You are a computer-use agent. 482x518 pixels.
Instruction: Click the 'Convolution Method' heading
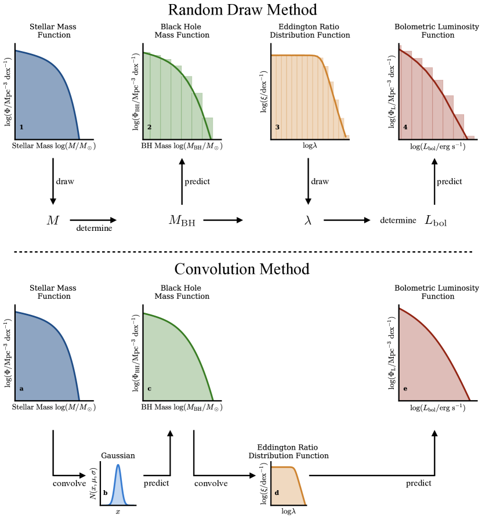(241, 269)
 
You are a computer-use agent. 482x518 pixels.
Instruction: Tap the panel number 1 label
(21, 126)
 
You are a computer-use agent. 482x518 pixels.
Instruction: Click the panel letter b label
(105, 493)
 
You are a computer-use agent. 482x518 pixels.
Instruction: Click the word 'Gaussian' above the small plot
(118, 455)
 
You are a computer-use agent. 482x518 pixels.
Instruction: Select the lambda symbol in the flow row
(308, 220)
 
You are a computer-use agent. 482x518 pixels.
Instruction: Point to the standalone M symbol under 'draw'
(53, 220)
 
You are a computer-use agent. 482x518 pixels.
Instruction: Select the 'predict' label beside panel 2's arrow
(197, 182)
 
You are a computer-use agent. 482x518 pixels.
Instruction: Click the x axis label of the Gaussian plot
(118, 511)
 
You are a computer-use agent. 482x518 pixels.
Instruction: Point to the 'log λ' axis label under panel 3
(308, 146)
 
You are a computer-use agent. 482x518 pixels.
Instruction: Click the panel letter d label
(277, 493)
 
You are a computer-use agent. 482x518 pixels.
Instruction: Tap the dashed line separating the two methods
(241, 252)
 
